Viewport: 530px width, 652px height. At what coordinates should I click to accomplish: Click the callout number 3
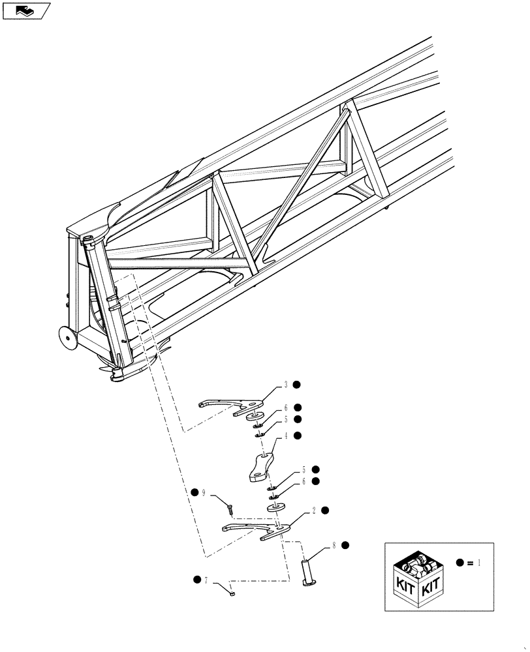pos(286,385)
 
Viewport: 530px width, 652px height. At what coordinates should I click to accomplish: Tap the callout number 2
pos(314,511)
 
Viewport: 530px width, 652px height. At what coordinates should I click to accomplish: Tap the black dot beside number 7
pos(196,579)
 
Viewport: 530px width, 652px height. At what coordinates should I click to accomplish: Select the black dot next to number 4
pos(297,436)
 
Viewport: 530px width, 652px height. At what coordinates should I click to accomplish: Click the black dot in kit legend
pos(460,562)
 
